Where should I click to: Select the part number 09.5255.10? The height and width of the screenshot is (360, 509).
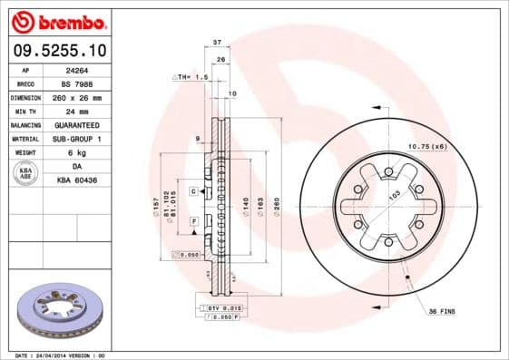point(58,50)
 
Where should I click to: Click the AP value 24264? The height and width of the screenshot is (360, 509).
point(87,70)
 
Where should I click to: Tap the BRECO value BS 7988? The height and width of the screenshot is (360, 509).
point(87,83)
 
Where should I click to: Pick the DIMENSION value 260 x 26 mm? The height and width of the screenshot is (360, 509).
point(87,97)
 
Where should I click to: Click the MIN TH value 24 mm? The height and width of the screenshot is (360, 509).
point(87,111)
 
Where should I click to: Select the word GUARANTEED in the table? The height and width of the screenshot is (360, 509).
point(87,124)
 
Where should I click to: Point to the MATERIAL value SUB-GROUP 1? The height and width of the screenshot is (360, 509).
point(87,139)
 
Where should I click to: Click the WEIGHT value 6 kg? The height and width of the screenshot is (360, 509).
point(87,152)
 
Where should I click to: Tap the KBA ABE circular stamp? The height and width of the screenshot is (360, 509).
point(26,173)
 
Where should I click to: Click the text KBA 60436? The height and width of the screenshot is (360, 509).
point(87,180)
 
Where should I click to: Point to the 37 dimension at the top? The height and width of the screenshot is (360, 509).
point(217,43)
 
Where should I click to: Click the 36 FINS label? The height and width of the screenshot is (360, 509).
point(442,311)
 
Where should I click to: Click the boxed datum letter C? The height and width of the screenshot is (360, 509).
point(194,191)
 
